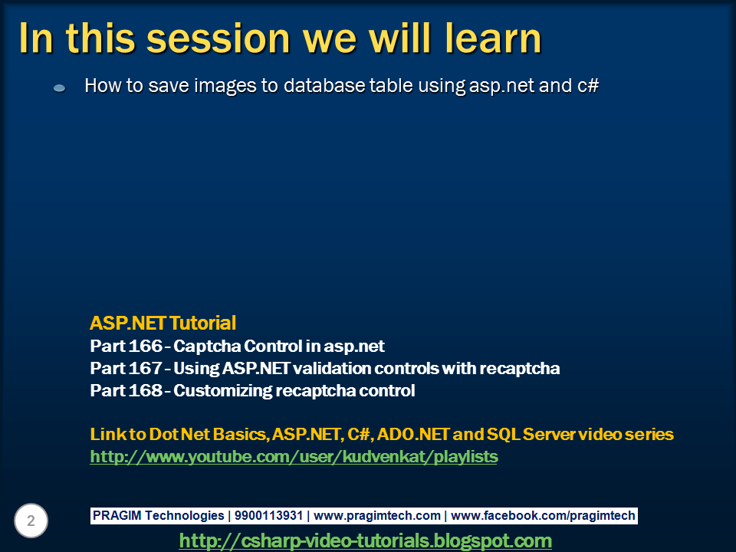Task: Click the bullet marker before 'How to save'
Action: [x=59, y=89]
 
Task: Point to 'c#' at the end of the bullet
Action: [x=587, y=86]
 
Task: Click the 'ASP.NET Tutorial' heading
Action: [x=163, y=323]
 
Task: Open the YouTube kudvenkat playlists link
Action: [x=294, y=457]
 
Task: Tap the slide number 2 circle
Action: [x=31, y=521]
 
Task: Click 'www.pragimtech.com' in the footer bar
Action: [x=377, y=516]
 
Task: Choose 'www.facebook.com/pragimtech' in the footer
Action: [x=543, y=516]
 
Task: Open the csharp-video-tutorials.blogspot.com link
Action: [x=365, y=541]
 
